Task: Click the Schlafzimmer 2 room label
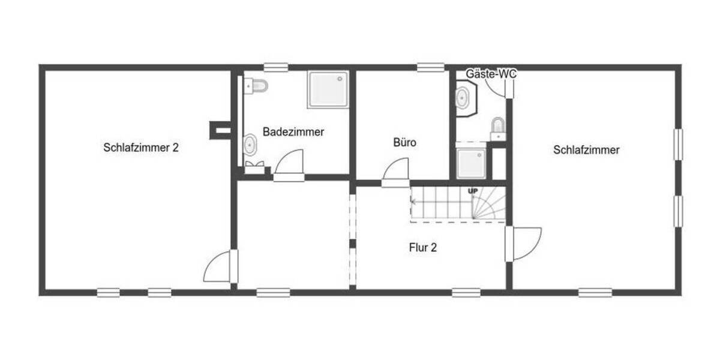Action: [141, 148]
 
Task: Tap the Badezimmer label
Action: [293, 132]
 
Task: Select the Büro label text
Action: [404, 143]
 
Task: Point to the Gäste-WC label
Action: [491, 74]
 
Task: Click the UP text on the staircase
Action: [473, 191]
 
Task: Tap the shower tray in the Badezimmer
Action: [328, 90]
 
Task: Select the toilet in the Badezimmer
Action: [256, 86]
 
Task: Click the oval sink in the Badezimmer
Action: [250, 145]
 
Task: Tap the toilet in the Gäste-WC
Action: [498, 127]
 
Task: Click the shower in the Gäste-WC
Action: [470, 163]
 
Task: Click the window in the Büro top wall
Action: [431, 68]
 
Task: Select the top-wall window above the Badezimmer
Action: [277, 68]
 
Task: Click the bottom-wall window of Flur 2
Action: [466, 293]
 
